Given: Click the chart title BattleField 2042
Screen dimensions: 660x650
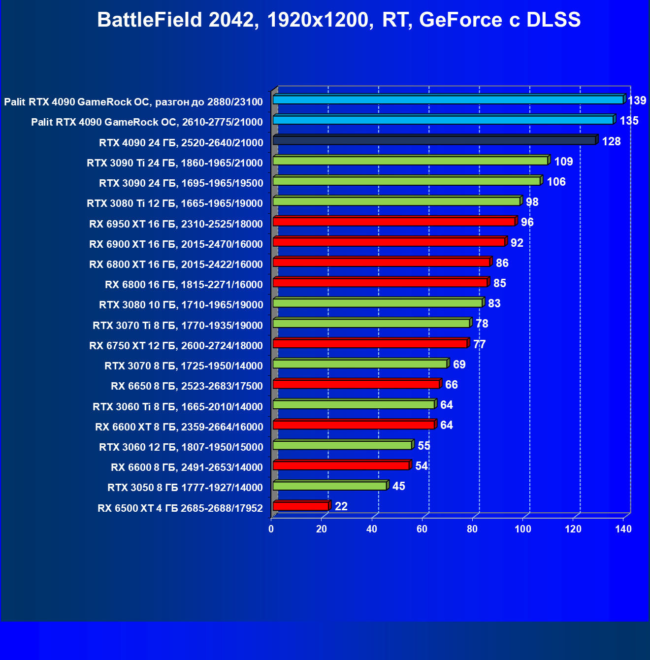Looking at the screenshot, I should pyautogui.click(x=339, y=20).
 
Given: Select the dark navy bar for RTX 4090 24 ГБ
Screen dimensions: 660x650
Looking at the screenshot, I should pyautogui.click(x=434, y=140).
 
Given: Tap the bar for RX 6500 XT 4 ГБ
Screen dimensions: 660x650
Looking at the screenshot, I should pyautogui.click(x=300, y=506).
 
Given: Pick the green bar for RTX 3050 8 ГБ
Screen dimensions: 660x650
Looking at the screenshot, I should pyautogui.click(x=329, y=486).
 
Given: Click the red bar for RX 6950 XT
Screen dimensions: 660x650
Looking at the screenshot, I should pyautogui.click(x=394, y=222).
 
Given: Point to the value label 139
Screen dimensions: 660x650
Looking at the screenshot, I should pyautogui.click(x=637, y=100).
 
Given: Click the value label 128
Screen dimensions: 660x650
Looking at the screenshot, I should pyautogui.click(x=611, y=141).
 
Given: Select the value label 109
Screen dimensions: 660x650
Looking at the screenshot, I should pyautogui.click(x=563, y=162).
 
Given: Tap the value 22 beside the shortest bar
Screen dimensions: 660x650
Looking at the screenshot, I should pyautogui.click(x=341, y=506).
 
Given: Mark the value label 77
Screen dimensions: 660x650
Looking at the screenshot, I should pyautogui.click(x=479, y=344).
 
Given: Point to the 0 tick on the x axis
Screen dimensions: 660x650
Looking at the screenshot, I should pyautogui.click(x=271, y=529).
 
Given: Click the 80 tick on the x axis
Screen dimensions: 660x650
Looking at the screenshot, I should pyautogui.click(x=472, y=529).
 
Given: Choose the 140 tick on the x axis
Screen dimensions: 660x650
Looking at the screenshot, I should pyautogui.click(x=623, y=529).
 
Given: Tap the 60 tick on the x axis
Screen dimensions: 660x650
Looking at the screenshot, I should pyautogui.click(x=422, y=529).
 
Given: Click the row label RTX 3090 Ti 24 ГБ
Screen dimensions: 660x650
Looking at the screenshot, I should pyautogui.click(x=175, y=163).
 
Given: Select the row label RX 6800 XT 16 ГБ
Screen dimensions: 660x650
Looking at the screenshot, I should pyautogui.click(x=176, y=264).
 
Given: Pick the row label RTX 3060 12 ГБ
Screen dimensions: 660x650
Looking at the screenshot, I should pyautogui.click(x=181, y=447).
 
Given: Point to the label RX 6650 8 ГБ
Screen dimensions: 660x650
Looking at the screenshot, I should pyautogui.click(x=187, y=386).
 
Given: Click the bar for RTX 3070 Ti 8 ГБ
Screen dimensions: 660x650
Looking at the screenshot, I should pyautogui.click(x=371, y=323).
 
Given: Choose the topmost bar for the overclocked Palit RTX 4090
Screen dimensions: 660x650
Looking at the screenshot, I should pyautogui.click(x=448, y=99).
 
